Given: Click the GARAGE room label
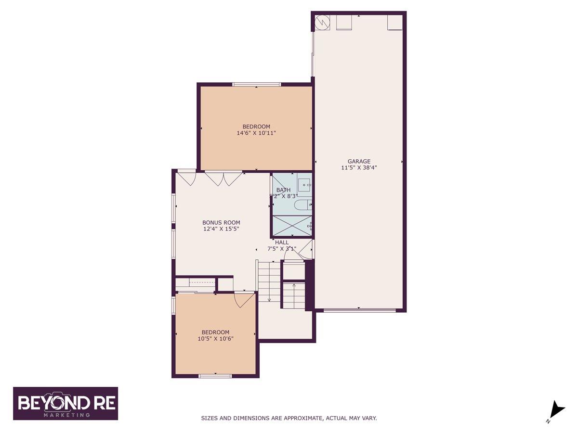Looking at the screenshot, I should click(x=359, y=162).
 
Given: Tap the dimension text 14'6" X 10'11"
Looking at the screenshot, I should click(x=256, y=133).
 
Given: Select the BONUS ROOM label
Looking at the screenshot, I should click(x=221, y=223).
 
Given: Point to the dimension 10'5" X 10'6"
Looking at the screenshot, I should click(x=215, y=339).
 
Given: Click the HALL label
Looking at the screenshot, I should click(x=282, y=242).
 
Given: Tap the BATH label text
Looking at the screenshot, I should click(x=283, y=190).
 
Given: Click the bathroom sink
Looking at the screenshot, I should click(x=304, y=184).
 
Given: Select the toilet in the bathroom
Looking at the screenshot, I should click(x=303, y=205).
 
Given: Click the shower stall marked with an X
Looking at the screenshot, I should click(x=292, y=226).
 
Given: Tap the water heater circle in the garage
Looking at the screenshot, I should click(x=321, y=22).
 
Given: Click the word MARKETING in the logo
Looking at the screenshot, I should click(x=66, y=414).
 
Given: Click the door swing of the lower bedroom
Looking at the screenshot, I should click(x=244, y=300).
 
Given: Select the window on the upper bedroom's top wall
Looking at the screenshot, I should click(x=256, y=85).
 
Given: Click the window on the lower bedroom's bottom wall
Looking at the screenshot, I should click(x=215, y=376).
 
